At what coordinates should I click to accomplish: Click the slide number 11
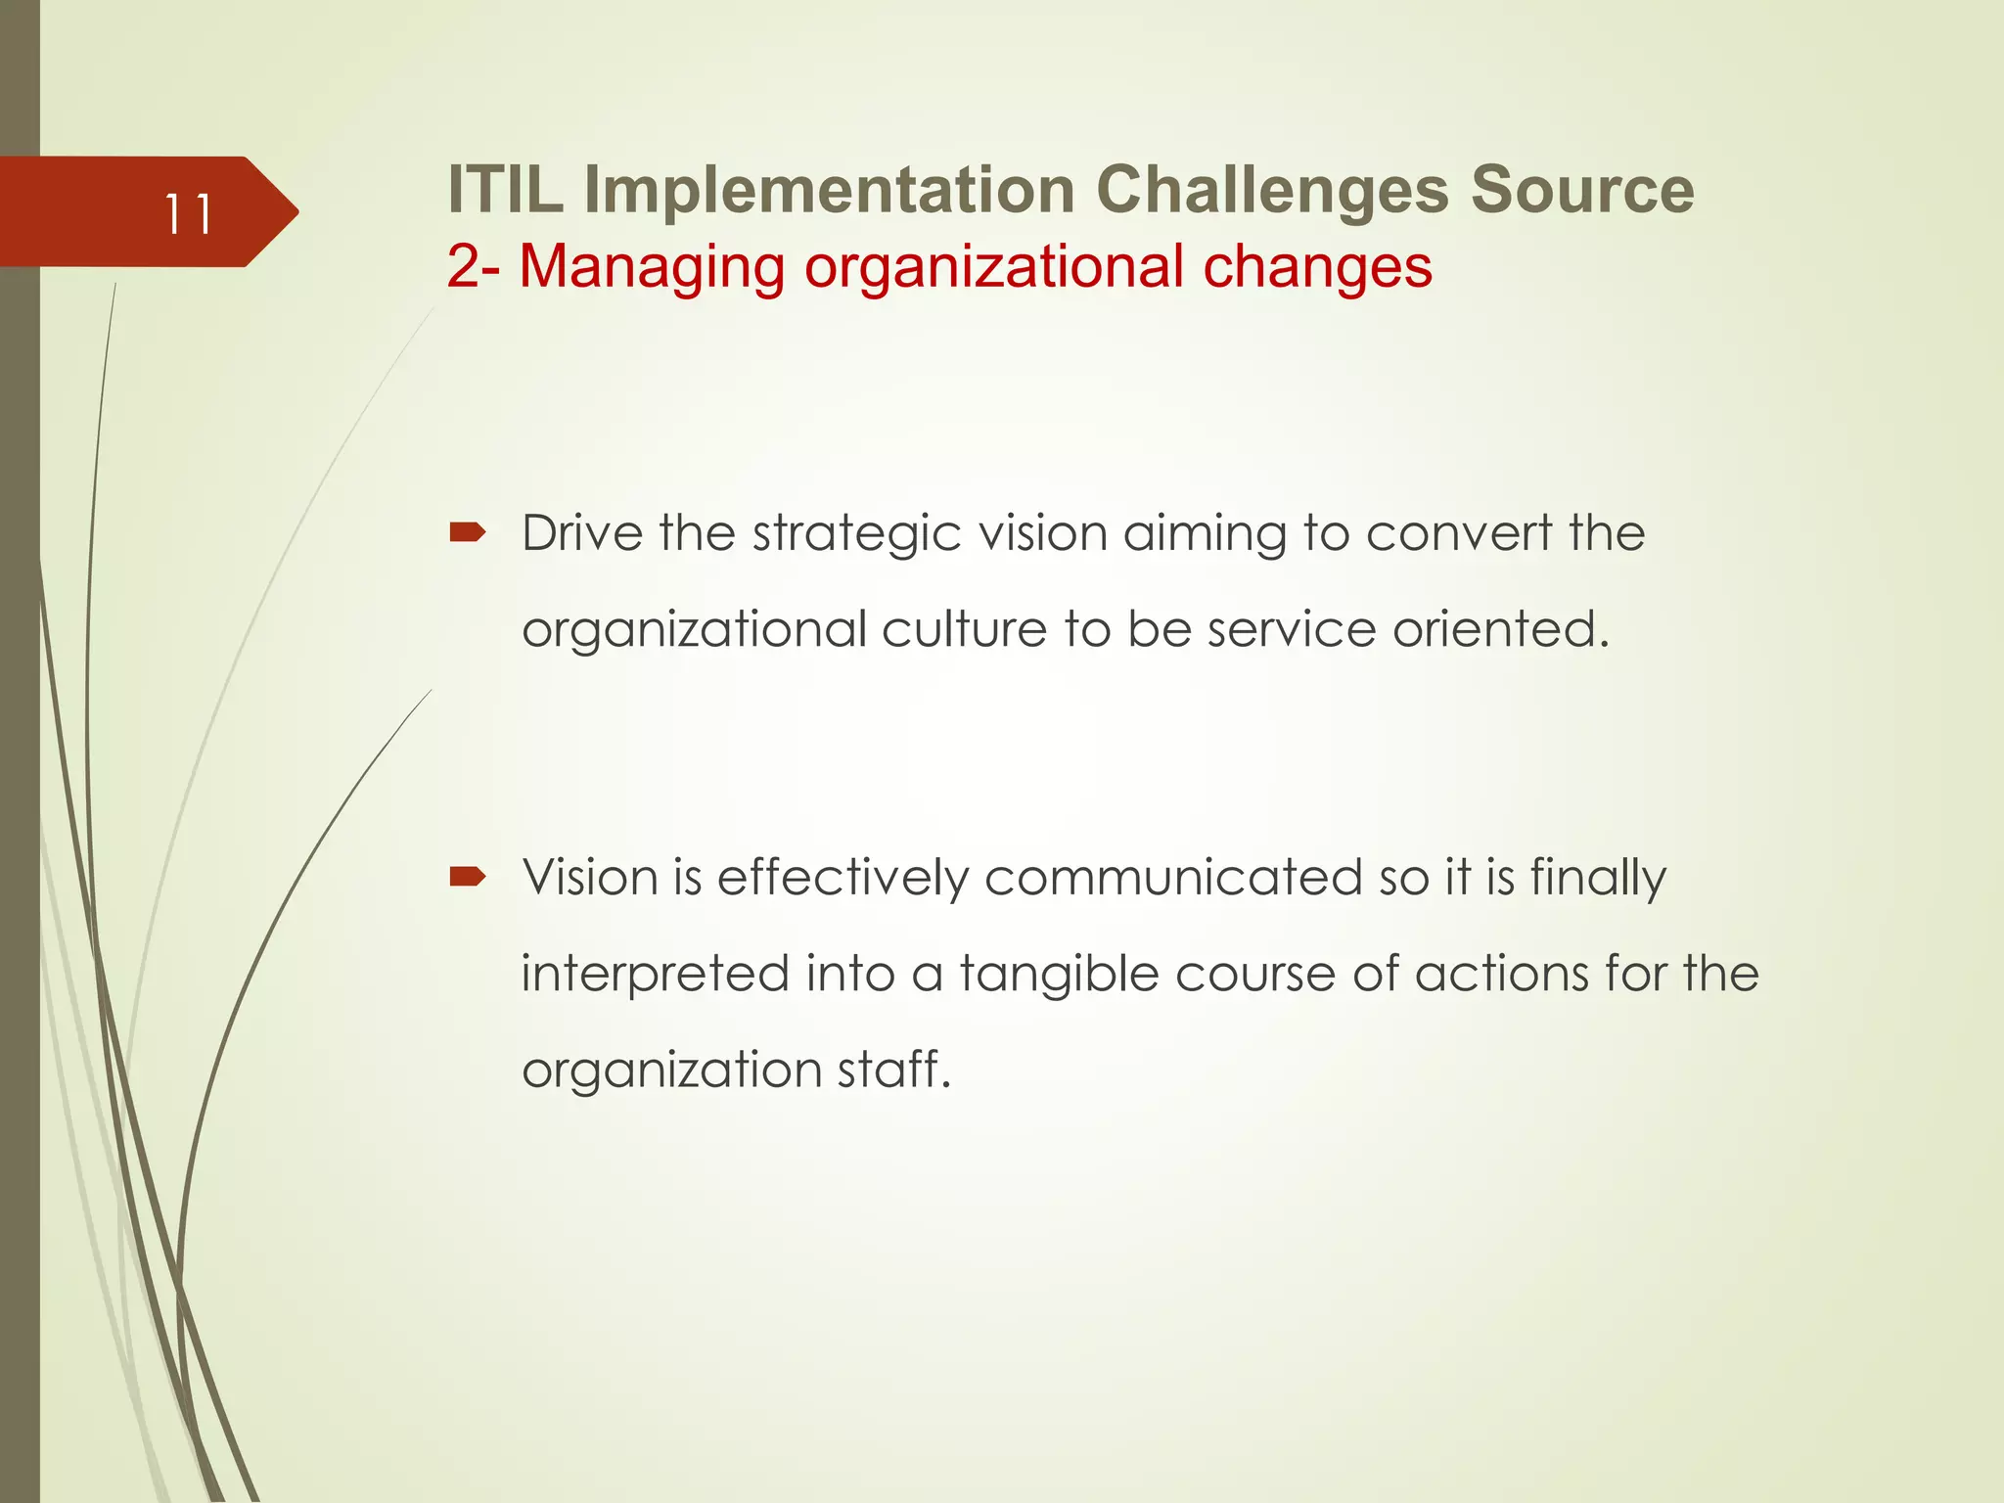[187, 214]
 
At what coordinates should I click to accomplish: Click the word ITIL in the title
[505, 189]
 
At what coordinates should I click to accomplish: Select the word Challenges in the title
[1272, 189]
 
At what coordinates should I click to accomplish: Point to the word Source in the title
[1582, 189]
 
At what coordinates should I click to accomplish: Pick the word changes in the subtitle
[1317, 266]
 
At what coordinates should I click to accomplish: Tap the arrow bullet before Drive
[468, 532]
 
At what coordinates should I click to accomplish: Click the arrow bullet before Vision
[468, 876]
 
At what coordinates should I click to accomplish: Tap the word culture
[964, 629]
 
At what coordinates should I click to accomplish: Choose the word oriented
[1501, 629]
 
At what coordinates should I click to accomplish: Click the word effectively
[843, 878]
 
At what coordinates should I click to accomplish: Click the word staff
[894, 1069]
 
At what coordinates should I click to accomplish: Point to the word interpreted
[655, 975]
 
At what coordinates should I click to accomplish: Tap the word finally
[1597, 878]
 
